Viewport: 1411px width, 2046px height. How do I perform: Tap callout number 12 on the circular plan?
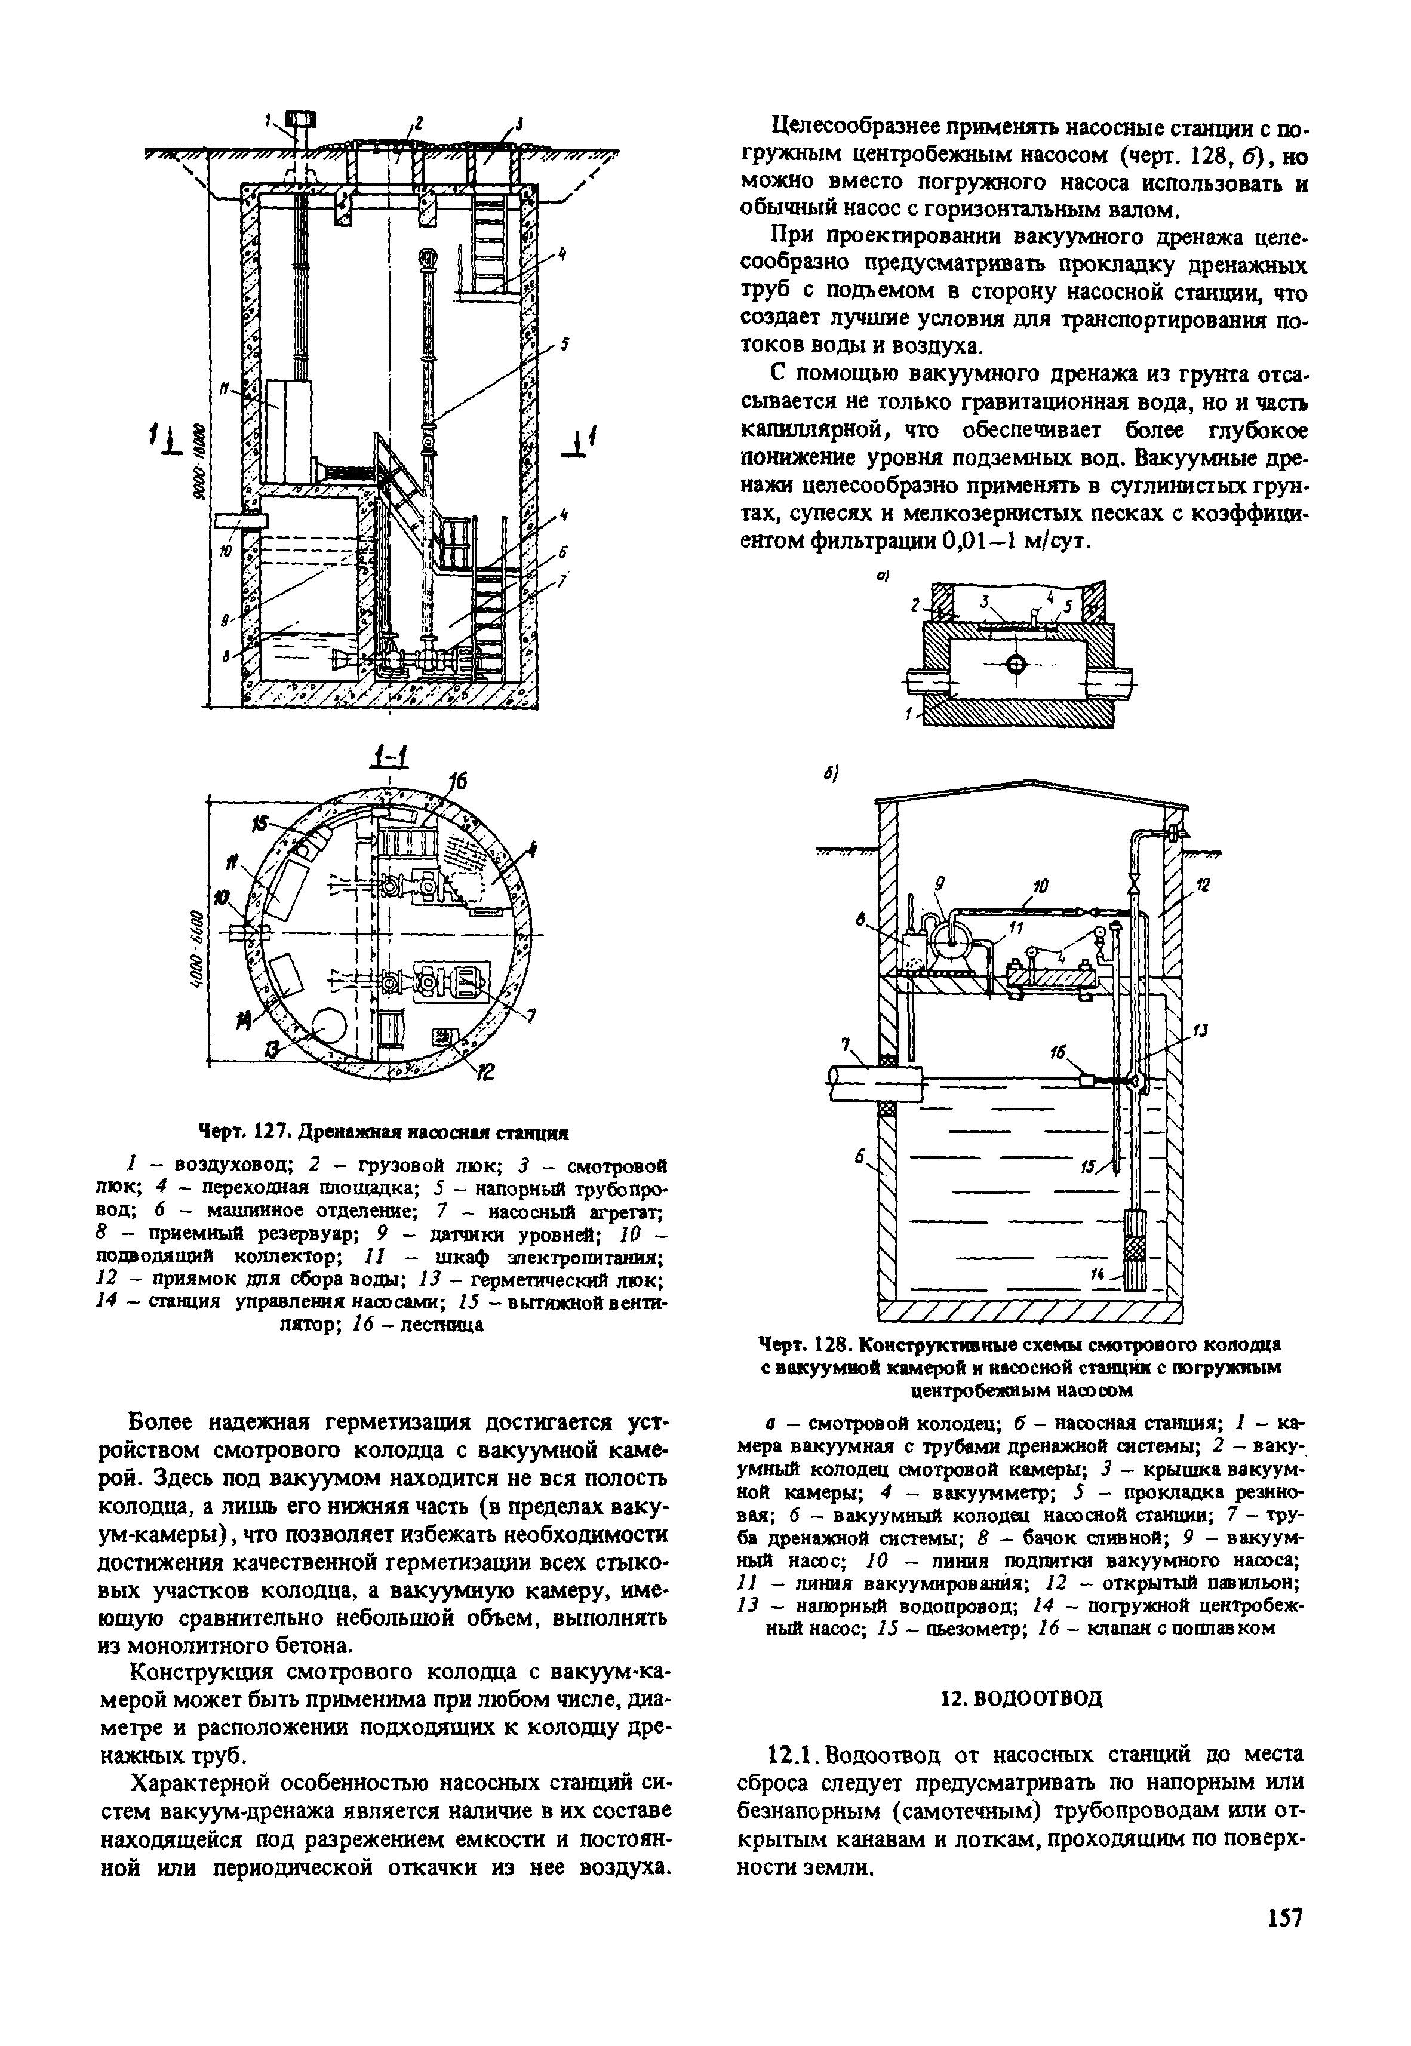[x=485, y=1073]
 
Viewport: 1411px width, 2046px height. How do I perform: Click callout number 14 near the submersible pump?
[x=1100, y=1277]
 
